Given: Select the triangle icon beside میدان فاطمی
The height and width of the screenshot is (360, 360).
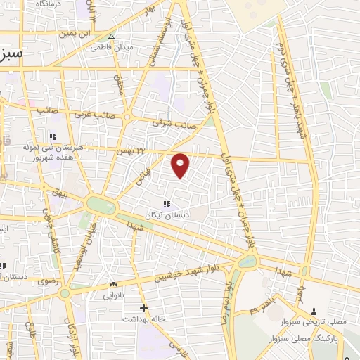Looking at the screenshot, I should pyautogui.click(x=110, y=37).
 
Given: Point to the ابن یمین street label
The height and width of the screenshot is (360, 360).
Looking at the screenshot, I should pyautogui.click(x=76, y=33).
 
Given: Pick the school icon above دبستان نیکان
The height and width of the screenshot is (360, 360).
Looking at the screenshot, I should pyautogui.click(x=167, y=203).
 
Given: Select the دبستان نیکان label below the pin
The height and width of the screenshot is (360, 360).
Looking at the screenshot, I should pyautogui.click(x=163, y=214).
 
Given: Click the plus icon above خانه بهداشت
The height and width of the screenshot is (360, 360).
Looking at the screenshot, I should pyautogui.click(x=143, y=308).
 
